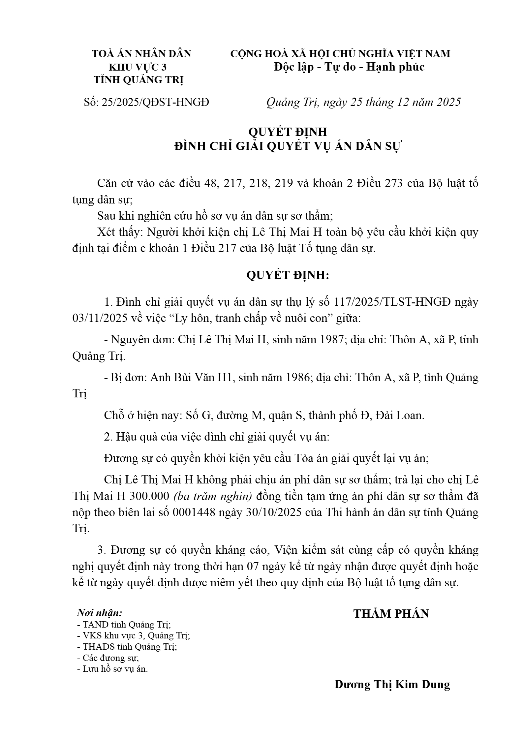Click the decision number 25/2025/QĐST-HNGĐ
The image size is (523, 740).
click(x=155, y=103)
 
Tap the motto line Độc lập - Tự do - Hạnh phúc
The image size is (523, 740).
click(x=349, y=67)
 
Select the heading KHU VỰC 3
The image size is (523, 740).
click(x=138, y=67)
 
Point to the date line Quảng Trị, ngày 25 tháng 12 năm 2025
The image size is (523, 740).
click(x=363, y=102)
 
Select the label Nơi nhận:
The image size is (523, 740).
click(x=100, y=613)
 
